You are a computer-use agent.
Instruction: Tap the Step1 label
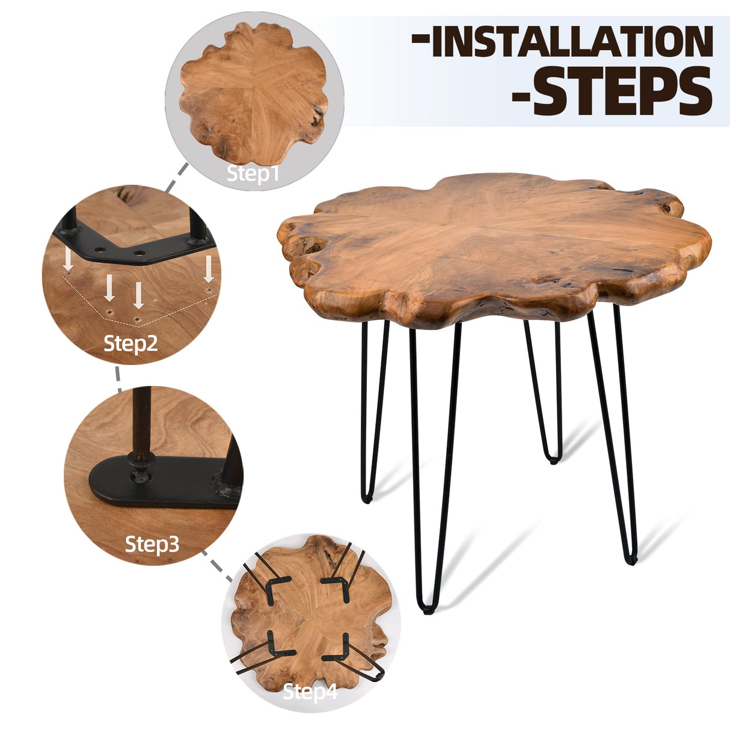tap(253, 174)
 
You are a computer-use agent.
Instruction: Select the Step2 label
tap(130, 344)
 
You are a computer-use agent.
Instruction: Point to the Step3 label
tap(152, 544)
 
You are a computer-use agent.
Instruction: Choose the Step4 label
tap(310, 692)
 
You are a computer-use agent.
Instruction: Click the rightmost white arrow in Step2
tap(209, 269)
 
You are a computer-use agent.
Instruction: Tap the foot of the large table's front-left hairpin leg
tap(428, 610)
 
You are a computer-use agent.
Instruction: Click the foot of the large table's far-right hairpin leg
tap(630, 560)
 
